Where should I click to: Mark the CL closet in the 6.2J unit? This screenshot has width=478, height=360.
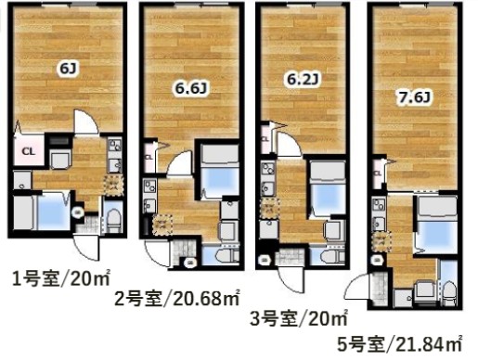(266, 141)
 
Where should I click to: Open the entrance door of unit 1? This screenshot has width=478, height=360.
(85, 246)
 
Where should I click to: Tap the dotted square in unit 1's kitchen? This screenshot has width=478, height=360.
(113, 183)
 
